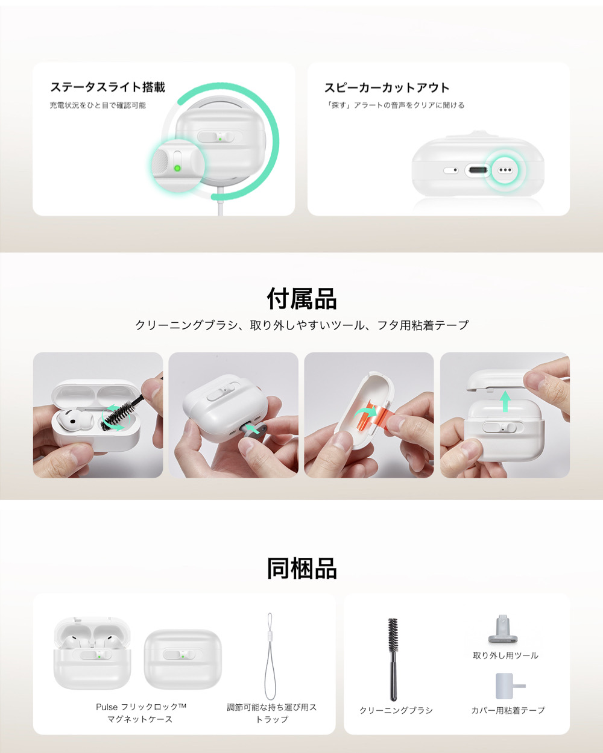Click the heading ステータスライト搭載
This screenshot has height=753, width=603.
107,87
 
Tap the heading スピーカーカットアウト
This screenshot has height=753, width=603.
387,87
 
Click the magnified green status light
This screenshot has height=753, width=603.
177,168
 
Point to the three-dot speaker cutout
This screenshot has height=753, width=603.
505,170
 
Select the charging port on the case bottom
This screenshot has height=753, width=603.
478,170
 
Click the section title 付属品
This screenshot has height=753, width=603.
301,298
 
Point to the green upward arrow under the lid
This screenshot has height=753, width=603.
505,401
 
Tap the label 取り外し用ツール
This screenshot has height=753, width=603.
505,655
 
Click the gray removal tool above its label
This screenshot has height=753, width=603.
502,629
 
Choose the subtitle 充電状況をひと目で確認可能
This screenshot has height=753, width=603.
98,105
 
